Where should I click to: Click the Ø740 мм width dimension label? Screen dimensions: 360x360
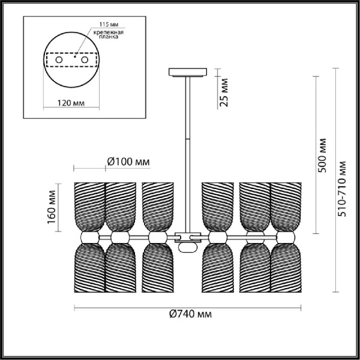[x=190, y=314]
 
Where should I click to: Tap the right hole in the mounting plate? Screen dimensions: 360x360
[x=84, y=61]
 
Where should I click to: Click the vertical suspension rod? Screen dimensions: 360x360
[x=187, y=150]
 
